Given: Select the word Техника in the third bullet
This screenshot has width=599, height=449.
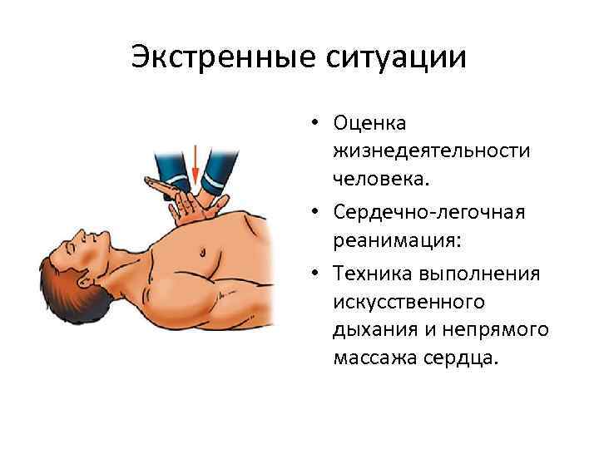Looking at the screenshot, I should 373,274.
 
